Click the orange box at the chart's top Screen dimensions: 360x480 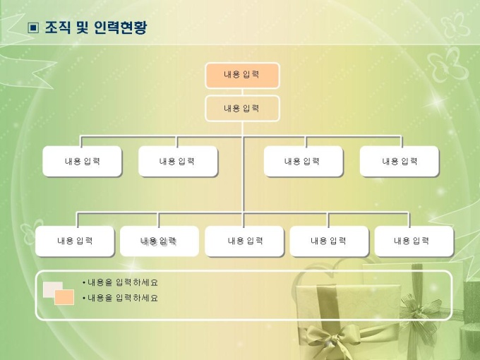[x=242, y=76]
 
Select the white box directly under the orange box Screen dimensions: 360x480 [x=242, y=109]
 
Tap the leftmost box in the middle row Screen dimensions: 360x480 [x=82, y=162]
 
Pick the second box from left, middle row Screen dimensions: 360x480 [x=177, y=162]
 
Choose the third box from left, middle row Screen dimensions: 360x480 [x=303, y=162]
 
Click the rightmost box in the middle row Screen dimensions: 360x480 [x=399, y=162]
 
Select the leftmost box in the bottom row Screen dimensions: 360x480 [x=75, y=241]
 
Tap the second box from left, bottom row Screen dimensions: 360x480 [x=159, y=241]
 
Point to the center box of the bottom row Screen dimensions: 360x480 [x=244, y=241]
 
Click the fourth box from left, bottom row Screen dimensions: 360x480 [x=328, y=241]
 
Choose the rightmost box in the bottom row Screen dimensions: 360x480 [x=413, y=241]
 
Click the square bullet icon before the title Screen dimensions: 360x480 [x=32, y=28]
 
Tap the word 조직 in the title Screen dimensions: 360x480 [x=57, y=28]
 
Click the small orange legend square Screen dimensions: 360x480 [x=64, y=297]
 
